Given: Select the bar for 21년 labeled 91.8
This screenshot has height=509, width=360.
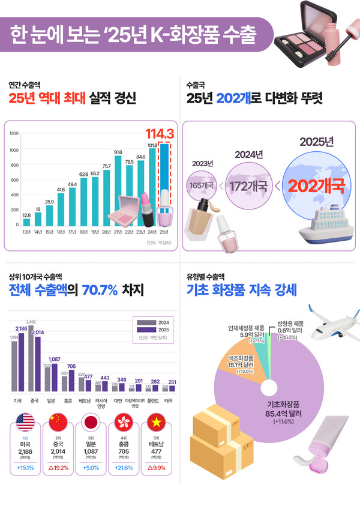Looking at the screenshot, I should [x=118, y=191].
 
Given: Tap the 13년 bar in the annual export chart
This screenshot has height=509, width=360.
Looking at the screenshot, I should [x=26, y=223].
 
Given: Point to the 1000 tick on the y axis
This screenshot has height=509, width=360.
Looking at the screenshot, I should [x=14, y=149].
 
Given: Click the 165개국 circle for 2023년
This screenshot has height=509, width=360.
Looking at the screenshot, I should [x=203, y=185].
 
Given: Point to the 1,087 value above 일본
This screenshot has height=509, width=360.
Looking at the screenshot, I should [x=54, y=359].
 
